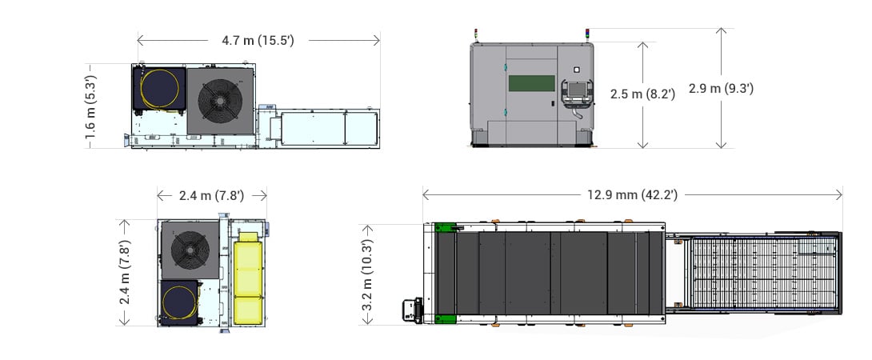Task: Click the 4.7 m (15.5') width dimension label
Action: [258, 39]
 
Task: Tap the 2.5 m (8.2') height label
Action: [642, 94]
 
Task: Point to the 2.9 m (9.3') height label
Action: [725, 89]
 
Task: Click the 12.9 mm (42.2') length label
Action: [631, 194]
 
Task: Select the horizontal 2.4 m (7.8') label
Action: [211, 194]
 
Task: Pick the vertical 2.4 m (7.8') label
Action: [125, 273]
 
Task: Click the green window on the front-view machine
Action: [532, 84]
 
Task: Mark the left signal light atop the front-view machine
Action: [477, 34]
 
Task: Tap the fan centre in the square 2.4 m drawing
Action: [190, 249]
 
